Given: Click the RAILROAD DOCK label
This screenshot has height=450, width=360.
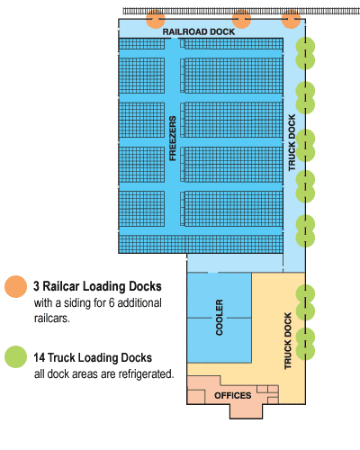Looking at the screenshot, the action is pos(199,31).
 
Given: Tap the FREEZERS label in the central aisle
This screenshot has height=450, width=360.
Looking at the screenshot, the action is pos(173,139).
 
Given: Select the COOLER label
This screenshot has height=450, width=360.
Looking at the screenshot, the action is pos(220,317).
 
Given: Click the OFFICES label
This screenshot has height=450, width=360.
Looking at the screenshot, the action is pos(233,395).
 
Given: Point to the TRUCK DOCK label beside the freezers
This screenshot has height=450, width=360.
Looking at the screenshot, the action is pos(292,142).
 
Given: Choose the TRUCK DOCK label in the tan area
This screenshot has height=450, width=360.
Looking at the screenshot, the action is pos(288,341).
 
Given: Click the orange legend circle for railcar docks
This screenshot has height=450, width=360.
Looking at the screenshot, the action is pos(15,286).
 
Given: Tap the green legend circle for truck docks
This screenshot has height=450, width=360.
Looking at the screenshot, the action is pos(15,356).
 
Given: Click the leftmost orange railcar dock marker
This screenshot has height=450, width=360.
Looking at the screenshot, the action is pos(156,19).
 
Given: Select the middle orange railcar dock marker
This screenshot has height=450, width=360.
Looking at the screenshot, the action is pos(241,19).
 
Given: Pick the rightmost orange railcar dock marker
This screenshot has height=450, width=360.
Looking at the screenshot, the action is pos(291,19).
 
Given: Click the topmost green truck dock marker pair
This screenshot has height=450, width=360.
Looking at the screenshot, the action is pos(305,53).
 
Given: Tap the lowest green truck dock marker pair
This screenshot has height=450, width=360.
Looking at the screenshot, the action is pos(305,344).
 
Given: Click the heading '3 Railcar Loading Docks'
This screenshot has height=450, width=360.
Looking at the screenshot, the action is pos(97,286).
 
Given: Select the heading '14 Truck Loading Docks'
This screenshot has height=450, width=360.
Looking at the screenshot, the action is pos(93,357).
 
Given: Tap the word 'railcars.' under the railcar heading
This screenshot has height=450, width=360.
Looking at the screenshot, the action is pos(52,318).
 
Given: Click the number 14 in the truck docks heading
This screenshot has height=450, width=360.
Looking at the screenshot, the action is pos(40,357).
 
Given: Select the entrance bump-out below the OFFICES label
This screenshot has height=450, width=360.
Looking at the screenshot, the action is pos(246,411).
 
